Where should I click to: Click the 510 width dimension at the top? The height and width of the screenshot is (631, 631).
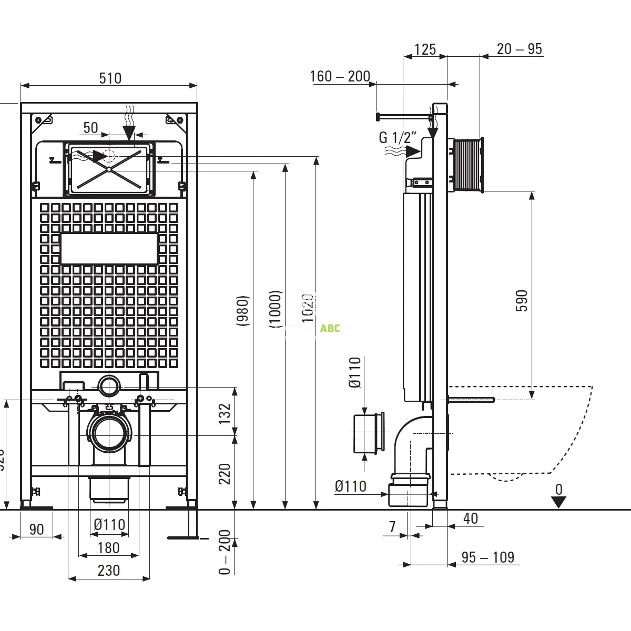[110, 78]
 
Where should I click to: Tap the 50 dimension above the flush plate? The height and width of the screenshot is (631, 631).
[90, 128]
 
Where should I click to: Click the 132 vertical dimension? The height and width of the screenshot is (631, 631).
[225, 413]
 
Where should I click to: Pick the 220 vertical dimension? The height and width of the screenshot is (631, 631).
[225, 474]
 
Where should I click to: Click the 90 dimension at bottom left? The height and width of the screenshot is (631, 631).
[36, 529]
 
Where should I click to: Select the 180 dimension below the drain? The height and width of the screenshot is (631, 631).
[108, 548]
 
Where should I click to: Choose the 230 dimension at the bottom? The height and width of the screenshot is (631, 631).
[109, 571]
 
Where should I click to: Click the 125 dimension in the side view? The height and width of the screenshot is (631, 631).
[425, 49]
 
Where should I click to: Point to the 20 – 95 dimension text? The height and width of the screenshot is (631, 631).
[519, 49]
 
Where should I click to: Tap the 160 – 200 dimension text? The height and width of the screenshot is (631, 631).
[340, 76]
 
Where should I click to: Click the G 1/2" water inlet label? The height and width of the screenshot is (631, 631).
[398, 138]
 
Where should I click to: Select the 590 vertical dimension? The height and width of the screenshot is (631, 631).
[521, 300]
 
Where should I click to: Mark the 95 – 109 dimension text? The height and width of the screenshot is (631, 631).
[487, 557]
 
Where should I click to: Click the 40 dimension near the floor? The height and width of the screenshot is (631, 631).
[471, 518]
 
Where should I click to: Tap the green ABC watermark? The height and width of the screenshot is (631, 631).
[330, 329]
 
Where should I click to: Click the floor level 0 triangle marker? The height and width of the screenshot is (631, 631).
[558, 502]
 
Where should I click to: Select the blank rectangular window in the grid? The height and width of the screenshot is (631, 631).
[109, 249]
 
